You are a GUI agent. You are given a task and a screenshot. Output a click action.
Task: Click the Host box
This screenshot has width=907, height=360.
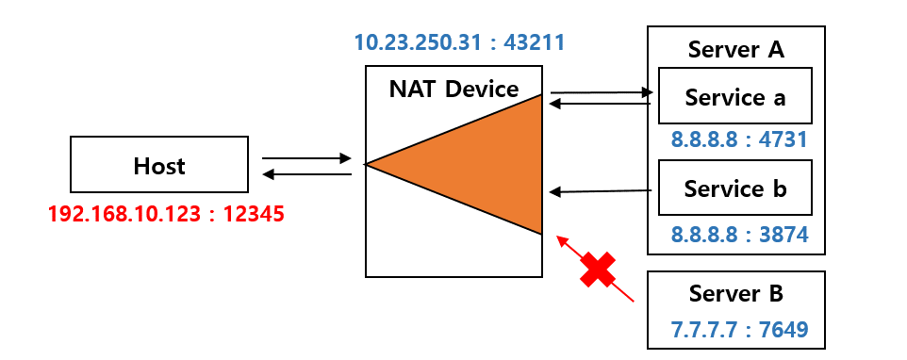point(158,166)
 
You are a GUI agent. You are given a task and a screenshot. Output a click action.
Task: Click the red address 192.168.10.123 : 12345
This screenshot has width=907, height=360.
point(166,214)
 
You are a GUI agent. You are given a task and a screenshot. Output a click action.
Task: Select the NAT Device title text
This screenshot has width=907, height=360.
point(453,90)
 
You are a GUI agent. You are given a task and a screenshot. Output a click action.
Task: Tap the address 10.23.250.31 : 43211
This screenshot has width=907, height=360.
point(459,42)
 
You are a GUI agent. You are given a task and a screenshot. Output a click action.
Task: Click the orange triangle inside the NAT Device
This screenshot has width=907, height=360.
point(490,166)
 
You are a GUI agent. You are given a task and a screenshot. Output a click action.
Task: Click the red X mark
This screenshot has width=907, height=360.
point(597,270)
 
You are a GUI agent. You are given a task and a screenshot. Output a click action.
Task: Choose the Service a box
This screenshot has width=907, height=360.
point(734,96)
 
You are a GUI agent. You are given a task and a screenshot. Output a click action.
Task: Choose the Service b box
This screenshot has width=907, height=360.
point(734,188)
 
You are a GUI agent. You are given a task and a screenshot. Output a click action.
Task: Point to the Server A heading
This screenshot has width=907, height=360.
point(735,49)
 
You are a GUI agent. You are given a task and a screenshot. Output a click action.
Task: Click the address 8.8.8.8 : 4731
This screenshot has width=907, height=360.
point(739,141)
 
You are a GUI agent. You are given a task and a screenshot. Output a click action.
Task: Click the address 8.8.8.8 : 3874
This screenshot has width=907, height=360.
point(739,234)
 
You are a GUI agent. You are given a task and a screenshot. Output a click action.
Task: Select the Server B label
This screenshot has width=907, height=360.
point(735,293)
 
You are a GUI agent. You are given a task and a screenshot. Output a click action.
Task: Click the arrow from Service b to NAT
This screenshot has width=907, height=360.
point(602,191)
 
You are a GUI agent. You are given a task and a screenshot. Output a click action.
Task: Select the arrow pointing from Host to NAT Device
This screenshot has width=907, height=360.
point(305,158)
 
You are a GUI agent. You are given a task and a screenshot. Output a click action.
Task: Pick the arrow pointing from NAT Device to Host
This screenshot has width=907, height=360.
point(305,173)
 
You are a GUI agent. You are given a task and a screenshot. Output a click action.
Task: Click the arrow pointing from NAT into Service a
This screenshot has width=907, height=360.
point(602,92)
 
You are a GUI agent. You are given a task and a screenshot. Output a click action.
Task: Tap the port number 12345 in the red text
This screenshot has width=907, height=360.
point(249,214)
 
